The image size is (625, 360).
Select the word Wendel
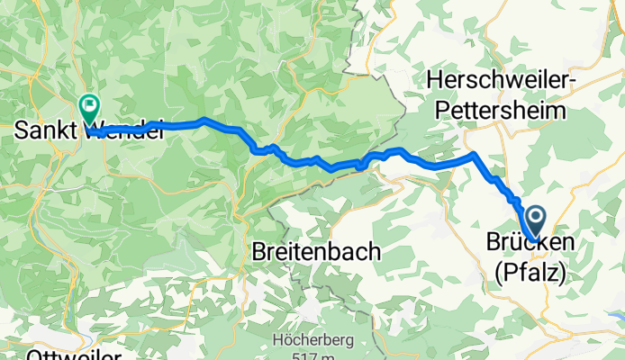click(125, 130)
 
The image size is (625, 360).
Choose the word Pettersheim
click(503, 111)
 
